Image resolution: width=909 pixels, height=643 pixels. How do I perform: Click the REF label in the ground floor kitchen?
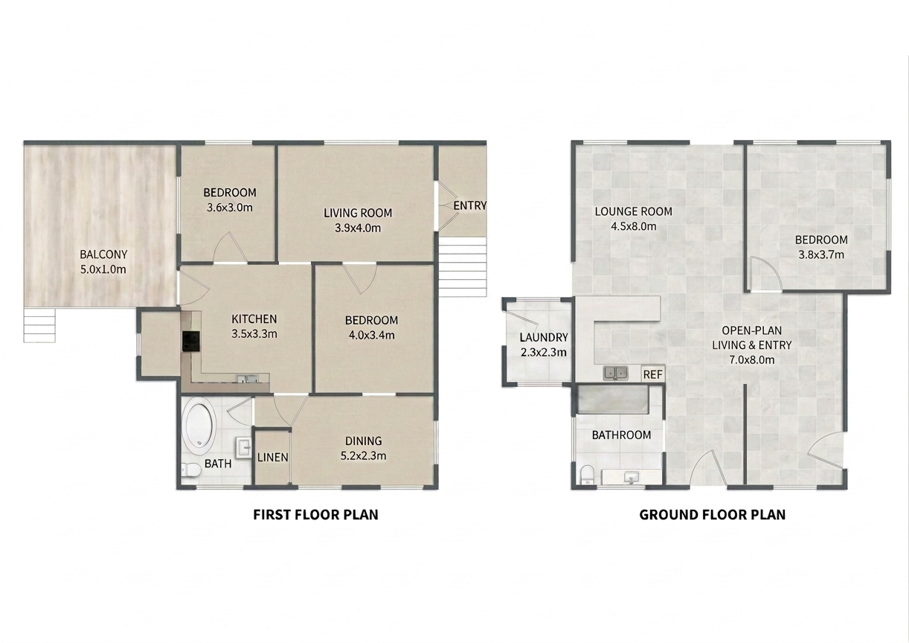[x=652, y=374]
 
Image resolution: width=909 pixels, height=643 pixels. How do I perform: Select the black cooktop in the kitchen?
[x=191, y=342]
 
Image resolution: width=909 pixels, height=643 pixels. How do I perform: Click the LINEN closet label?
[x=273, y=458]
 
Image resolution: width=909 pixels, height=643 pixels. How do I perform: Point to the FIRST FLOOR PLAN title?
[x=315, y=515]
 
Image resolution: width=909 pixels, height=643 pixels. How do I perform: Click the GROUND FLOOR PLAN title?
[x=713, y=515]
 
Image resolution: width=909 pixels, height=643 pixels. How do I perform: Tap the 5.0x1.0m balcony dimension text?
[x=103, y=269]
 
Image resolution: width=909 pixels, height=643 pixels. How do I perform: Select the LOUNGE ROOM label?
[x=634, y=211]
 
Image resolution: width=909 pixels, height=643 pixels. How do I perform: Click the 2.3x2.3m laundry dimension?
[x=543, y=352]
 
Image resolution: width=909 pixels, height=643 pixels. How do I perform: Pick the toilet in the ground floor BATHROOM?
[x=587, y=475]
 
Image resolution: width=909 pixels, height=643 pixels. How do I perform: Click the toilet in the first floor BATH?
[x=190, y=470]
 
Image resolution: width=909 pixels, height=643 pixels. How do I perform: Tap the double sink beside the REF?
[x=616, y=373]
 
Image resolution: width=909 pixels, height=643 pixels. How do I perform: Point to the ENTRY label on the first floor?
[x=469, y=206]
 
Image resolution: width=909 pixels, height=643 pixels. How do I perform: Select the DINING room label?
[x=364, y=441]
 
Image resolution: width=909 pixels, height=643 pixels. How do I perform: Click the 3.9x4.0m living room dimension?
[x=358, y=228]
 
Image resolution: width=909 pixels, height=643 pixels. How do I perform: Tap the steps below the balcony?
[x=39, y=325]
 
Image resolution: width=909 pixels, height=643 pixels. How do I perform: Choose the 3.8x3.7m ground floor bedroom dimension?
[x=821, y=255]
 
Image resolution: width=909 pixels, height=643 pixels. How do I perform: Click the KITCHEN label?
[x=254, y=319]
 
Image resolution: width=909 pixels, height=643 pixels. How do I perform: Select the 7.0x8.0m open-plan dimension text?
[x=751, y=360]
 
